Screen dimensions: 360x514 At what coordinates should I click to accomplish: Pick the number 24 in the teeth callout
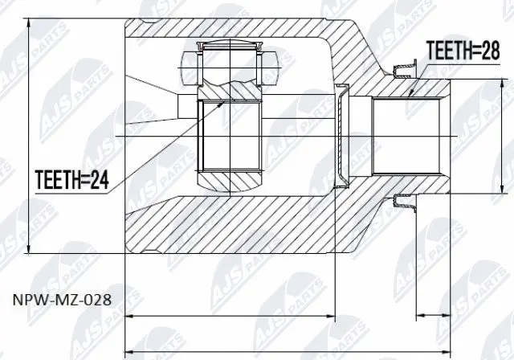(x=100, y=179)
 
